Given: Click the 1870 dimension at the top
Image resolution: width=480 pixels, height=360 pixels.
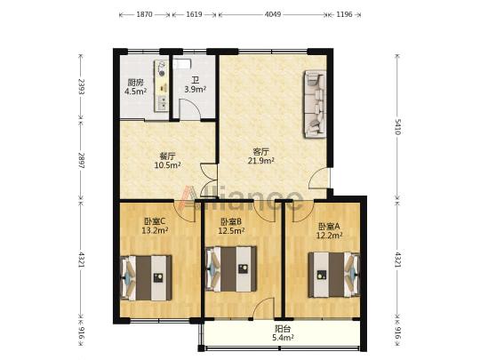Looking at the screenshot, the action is [x=144, y=14].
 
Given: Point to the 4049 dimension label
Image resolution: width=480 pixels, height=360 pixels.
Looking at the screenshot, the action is [x=273, y=14].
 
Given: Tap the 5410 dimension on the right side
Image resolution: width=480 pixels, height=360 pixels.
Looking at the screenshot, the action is [x=397, y=127].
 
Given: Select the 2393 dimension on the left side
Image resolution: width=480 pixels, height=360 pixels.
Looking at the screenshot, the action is [x=81, y=86].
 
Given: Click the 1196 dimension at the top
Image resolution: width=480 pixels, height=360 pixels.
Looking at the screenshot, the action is [x=344, y=14].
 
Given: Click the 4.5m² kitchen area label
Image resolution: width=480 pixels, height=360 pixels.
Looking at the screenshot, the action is [x=135, y=91].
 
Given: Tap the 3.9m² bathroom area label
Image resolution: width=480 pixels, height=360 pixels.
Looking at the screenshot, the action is [x=195, y=89].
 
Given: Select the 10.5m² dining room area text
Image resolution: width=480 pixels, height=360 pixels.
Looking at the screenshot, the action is [x=167, y=165].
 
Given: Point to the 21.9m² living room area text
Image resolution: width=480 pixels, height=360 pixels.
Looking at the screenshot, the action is [x=260, y=160].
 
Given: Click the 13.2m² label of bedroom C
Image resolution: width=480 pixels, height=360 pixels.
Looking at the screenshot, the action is [x=155, y=230].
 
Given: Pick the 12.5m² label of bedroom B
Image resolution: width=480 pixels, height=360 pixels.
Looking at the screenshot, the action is [x=231, y=230].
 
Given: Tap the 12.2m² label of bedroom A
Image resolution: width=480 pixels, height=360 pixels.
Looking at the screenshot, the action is [x=329, y=235].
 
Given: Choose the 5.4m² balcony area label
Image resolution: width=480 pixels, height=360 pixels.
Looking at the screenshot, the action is [x=284, y=338].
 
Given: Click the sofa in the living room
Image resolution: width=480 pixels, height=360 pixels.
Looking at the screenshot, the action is [x=315, y=104].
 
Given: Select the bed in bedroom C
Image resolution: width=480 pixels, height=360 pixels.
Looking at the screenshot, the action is [x=147, y=277].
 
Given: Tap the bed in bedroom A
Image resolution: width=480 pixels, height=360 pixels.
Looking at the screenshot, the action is [x=334, y=275].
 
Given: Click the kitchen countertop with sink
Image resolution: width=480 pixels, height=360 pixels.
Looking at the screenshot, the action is [x=161, y=86].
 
